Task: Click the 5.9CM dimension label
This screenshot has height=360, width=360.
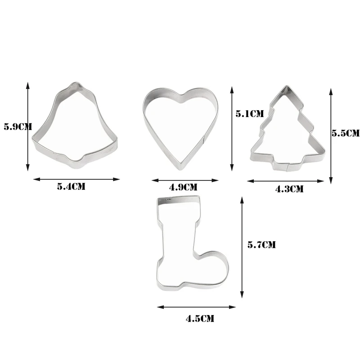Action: [18, 127]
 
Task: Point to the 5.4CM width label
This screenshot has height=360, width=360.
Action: [71, 186]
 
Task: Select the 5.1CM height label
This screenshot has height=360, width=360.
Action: [250, 114]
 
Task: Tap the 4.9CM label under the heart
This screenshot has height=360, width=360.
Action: [183, 187]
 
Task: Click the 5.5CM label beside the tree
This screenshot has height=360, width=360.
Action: [346, 133]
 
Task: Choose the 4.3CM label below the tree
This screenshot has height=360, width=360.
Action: [289, 189]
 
